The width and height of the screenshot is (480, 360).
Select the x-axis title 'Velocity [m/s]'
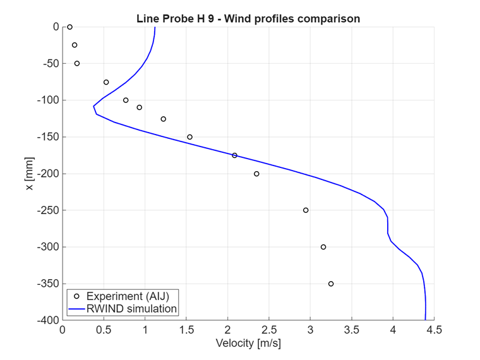pos(248,344)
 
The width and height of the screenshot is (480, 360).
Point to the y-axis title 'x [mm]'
pos(30,174)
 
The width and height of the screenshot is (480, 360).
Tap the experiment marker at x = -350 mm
pos(331,284)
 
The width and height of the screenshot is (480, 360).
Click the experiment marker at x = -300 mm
pos(323,247)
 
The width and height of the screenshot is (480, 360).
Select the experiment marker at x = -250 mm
pos(306,210)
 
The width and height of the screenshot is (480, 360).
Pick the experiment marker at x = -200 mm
pos(256,174)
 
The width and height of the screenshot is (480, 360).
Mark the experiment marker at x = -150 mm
pos(189,137)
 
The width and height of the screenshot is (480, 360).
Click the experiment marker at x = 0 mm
pos(69,27)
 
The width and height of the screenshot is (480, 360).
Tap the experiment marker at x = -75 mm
pos(106,82)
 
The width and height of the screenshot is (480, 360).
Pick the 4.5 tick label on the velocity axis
pos(434,330)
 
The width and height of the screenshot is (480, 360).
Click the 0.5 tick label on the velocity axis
pos(104,330)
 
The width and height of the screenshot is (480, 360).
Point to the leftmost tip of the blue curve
pos(93,105)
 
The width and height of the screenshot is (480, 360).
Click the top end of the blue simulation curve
pos(155,27)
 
